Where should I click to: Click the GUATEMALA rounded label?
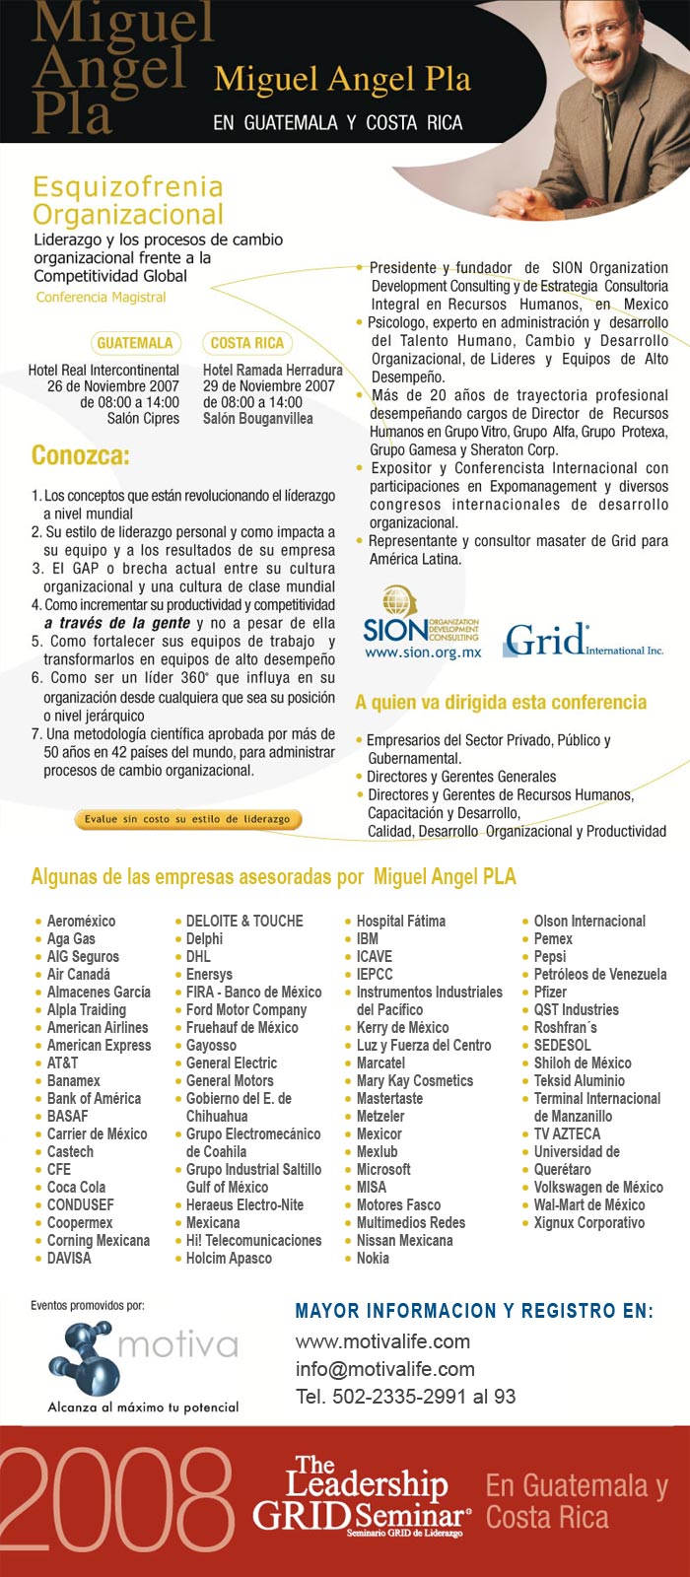135,343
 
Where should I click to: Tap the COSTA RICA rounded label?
246,343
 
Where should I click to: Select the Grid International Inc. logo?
583,642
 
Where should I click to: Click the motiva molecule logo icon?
83,1355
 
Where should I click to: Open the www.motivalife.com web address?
382,1341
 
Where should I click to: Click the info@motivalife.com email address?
384,1369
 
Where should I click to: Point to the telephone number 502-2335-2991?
405,1397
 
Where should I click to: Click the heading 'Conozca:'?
81,456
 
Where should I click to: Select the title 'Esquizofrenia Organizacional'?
128,200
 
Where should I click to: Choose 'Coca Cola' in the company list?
76,1187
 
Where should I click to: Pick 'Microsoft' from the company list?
383,1169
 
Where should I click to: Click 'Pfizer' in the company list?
550,992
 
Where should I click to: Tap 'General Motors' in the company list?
230,1080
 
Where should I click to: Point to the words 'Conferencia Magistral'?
101,297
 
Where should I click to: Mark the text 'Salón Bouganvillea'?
258,418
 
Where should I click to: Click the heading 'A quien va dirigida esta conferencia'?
501,703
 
